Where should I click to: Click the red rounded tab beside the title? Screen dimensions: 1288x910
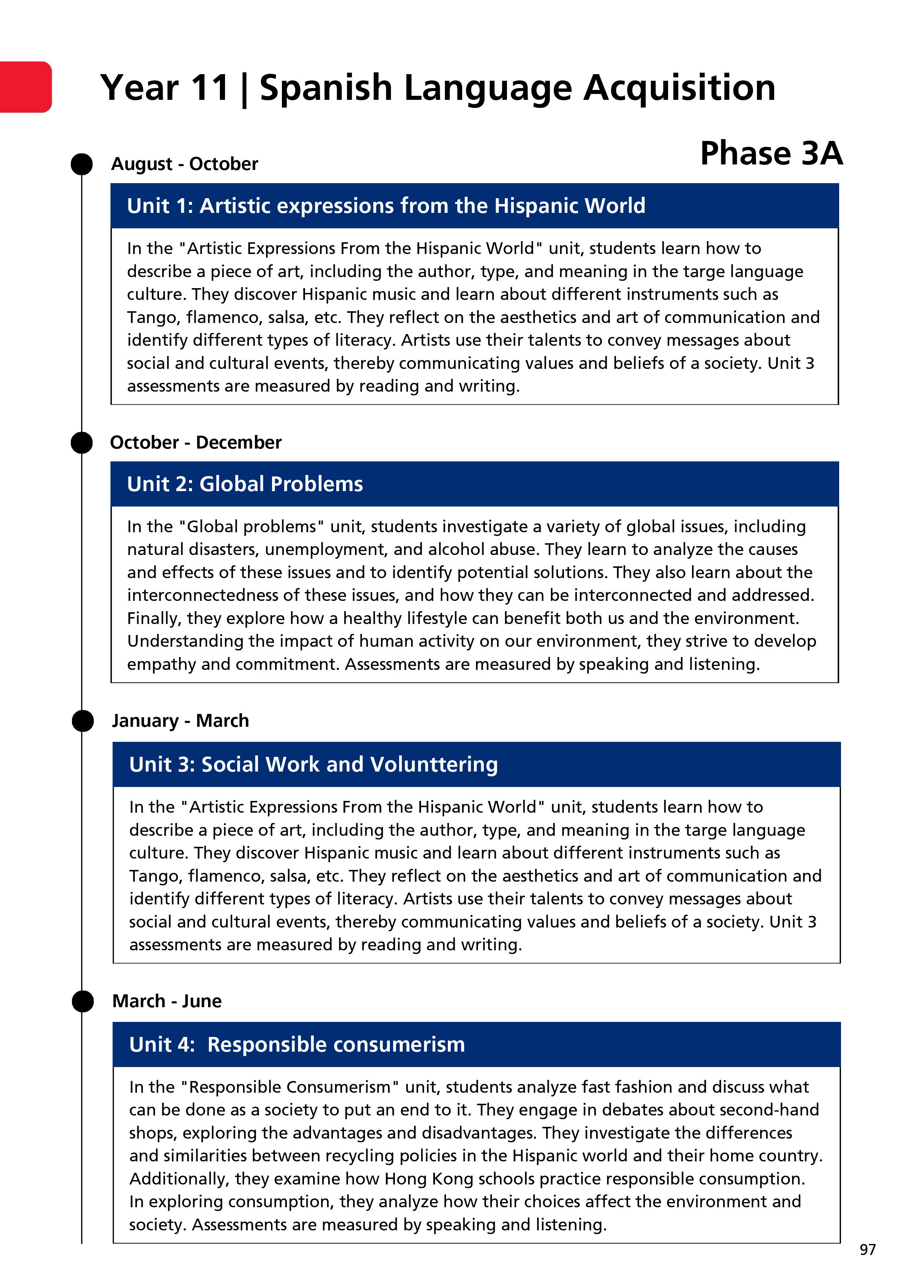pyautogui.click(x=25, y=87)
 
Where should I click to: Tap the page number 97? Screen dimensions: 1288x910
pyautogui.click(x=867, y=1249)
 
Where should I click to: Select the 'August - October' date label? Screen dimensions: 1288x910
pyautogui.click(x=185, y=164)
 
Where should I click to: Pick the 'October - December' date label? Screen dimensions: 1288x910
pyautogui.click(x=196, y=443)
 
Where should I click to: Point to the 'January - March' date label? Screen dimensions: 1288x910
pyautogui.click(x=180, y=721)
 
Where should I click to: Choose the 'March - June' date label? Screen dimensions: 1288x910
pyautogui.click(x=167, y=1001)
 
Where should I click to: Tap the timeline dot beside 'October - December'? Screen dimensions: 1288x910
pyautogui.click(x=82, y=443)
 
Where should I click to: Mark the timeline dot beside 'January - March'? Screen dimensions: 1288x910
pyautogui.click(x=83, y=721)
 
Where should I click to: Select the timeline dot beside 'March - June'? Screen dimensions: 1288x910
pyautogui.click(x=83, y=1001)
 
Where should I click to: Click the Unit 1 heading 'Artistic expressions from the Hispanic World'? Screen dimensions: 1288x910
pyautogui.click(x=386, y=206)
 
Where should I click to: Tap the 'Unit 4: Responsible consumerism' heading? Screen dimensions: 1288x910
pyautogui.click(x=297, y=1045)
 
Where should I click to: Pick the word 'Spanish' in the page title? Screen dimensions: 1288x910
pyautogui.click(x=325, y=88)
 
